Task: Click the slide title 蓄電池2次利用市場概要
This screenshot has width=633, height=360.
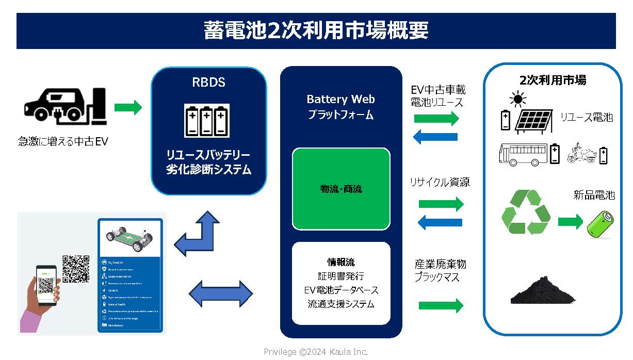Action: [316, 30]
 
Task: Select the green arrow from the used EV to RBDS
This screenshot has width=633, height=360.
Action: [127, 108]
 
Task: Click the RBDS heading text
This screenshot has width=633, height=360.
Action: [208, 83]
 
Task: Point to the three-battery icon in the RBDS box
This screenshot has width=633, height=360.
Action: [206, 121]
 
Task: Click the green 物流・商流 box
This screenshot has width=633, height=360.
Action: [341, 189]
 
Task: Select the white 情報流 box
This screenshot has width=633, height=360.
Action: [341, 283]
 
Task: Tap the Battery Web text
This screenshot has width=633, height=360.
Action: [340, 99]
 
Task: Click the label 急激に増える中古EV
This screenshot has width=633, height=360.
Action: [63, 141]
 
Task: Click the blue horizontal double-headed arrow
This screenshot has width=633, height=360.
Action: [221, 293]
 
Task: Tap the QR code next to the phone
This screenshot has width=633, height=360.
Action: [76, 269]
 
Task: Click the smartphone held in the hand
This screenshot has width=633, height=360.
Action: [46, 285]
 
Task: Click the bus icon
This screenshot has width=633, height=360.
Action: [523, 154]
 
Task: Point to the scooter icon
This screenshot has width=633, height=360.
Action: [581, 153]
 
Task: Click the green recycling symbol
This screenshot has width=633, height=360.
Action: [526, 212]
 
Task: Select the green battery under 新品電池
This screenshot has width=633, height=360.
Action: [600, 225]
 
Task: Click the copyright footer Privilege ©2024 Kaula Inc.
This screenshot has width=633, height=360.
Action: [316, 352]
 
